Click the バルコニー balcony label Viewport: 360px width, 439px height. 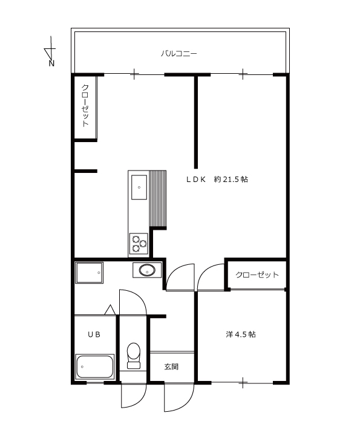[179, 53]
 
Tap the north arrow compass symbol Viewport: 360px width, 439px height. [50, 51]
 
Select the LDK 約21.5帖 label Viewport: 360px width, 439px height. [217, 179]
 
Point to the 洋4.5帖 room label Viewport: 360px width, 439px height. [241, 334]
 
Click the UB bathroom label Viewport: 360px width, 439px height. [94, 334]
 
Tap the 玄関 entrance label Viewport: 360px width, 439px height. [171, 366]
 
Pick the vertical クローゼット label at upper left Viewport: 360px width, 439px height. [85, 106]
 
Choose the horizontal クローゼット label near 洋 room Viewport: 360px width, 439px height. [257, 275]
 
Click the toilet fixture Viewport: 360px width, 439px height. [134, 356]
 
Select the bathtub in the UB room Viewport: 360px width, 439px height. [95, 366]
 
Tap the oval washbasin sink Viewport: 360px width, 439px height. [147, 270]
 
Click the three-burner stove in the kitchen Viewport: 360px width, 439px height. [139, 244]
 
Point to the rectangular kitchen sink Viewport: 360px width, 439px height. [139, 187]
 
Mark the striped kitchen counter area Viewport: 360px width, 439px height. [158, 198]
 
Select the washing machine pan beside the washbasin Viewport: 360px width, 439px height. [90, 273]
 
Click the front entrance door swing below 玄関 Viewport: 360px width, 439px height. [179, 397]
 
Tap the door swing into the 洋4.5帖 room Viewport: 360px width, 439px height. [211, 277]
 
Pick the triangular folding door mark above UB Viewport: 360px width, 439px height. [110, 310]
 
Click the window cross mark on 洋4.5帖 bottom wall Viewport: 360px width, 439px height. [243, 382]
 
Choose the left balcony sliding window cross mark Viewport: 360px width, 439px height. [134, 74]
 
